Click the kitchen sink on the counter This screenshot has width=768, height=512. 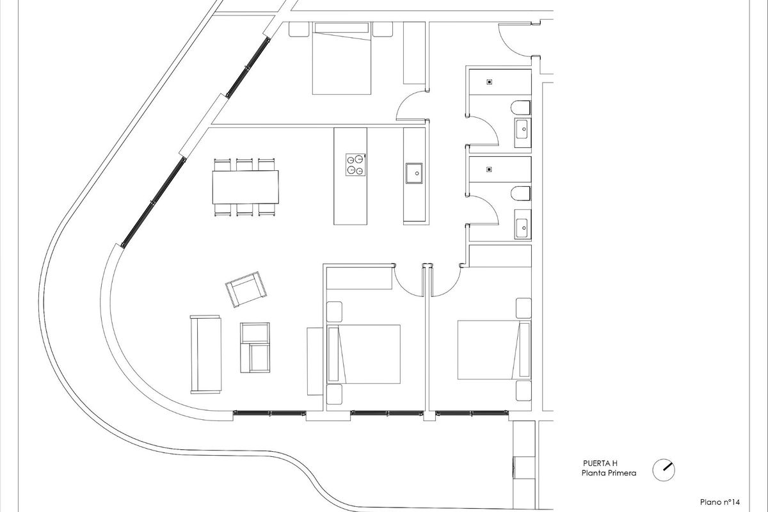click(x=413, y=172)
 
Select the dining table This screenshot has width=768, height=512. click(x=246, y=187)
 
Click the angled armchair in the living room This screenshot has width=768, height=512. click(x=246, y=289)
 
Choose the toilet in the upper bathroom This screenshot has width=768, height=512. click(x=522, y=108)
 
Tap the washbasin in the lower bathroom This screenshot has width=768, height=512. click(x=523, y=226)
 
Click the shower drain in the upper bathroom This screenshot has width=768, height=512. click(x=490, y=82)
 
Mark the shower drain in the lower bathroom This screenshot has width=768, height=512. click(x=490, y=170)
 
